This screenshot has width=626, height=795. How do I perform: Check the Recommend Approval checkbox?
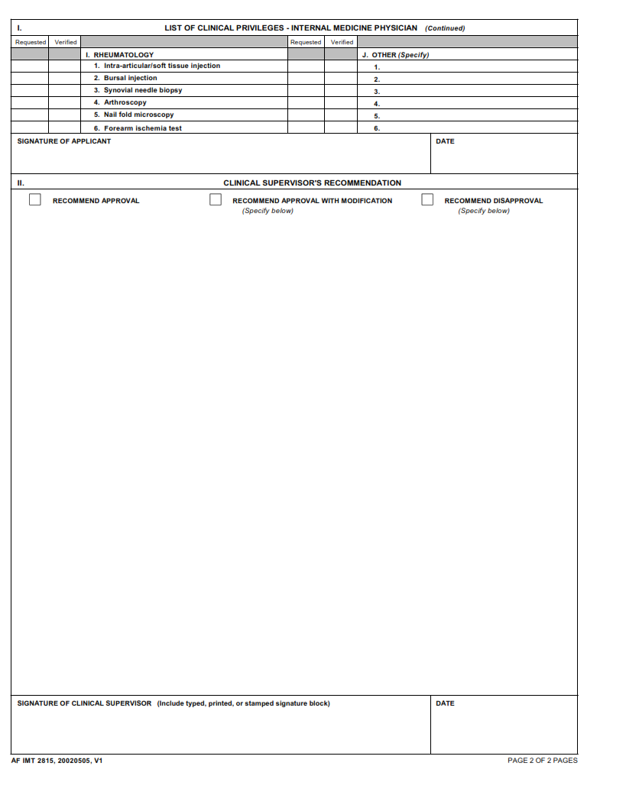(x=35, y=200)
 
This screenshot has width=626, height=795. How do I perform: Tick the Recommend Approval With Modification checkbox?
(x=216, y=200)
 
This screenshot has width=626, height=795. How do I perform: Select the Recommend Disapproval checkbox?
(x=427, y=200)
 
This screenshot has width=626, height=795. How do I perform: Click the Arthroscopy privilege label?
(x=125, y=102)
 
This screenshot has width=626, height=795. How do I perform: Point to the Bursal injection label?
(x=130, y=78)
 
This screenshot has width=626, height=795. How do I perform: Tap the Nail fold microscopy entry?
(x=138, y=115)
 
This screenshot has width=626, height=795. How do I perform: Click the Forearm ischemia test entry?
(x=142, y=128)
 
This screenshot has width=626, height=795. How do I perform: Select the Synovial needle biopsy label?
(x=143, y=90)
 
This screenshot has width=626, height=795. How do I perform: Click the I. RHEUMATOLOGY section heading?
(x=119, y=55)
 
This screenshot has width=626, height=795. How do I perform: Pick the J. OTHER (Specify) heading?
(x=395, y=55)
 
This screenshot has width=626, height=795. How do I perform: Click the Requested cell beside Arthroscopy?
(x=30, y=102)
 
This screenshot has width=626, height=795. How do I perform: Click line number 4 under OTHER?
(x=377, y=104)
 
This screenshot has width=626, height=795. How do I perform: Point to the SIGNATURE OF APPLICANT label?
(x=64, y=141)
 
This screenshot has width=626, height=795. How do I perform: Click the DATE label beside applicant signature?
(x=445, y=141)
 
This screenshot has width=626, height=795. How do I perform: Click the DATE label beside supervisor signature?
(x=445, y=703)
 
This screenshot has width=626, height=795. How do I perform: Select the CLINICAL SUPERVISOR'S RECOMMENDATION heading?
(x=312, y=183)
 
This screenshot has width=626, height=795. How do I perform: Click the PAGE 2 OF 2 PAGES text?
(x=542, y=761)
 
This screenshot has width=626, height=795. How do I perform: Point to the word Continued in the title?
(x=445, y=28)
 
